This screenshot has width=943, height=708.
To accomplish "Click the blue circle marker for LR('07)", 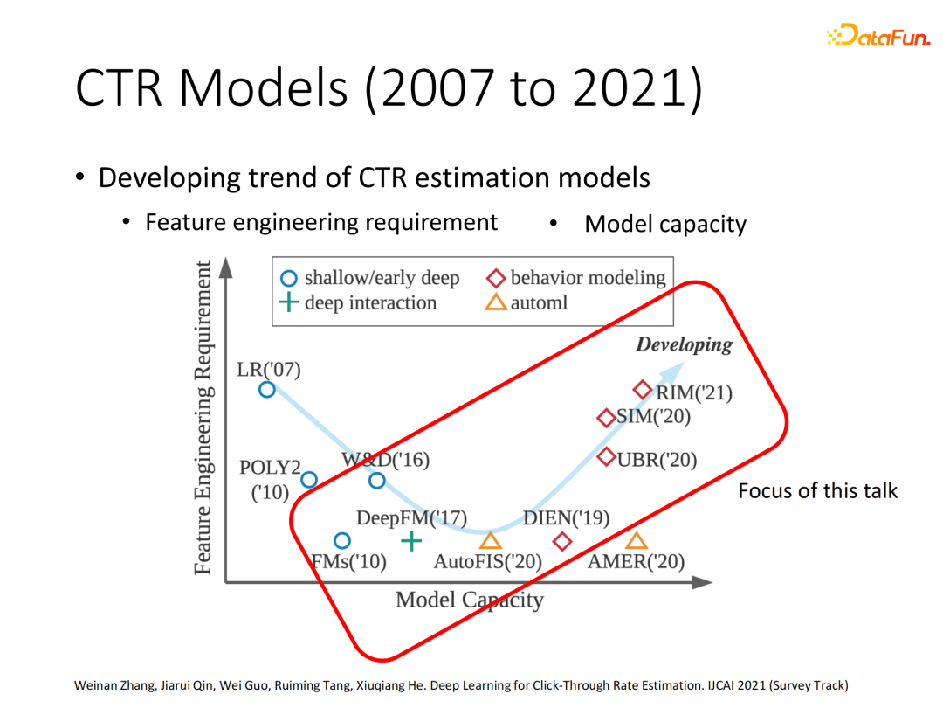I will click(267, 390).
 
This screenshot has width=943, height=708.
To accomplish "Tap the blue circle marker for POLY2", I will click(308, 479).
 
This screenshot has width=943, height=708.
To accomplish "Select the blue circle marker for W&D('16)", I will click(376, 480).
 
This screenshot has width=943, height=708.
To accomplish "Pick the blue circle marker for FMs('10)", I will click(342, 541).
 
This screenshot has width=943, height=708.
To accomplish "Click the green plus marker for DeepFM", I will click(410, 541).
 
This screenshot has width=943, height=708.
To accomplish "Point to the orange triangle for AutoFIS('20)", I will click(490, 542).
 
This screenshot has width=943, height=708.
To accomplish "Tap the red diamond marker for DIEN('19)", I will click(562, 542).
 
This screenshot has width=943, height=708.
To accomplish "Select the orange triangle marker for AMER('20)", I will click(636, 542).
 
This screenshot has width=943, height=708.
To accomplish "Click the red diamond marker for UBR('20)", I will click(607, 457).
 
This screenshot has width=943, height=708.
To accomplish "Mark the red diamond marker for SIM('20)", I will click(606, 418).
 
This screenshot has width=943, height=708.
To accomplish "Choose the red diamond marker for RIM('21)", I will click(643, 390).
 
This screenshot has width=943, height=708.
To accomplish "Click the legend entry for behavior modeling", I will click(576, 278).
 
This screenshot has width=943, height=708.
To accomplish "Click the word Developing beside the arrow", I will click(684, 344).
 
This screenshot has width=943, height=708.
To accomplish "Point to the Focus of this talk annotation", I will click(817, 490).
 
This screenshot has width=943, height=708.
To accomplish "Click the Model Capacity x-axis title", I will click(469, 600).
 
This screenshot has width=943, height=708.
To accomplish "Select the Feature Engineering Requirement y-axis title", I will click(203, 418).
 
